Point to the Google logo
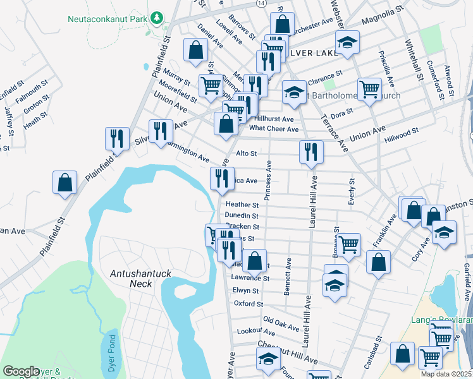tap(21, 371)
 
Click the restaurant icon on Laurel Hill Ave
tap(311, 152)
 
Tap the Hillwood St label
tap(403, 135)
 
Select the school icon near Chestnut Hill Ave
tap(268, 359)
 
